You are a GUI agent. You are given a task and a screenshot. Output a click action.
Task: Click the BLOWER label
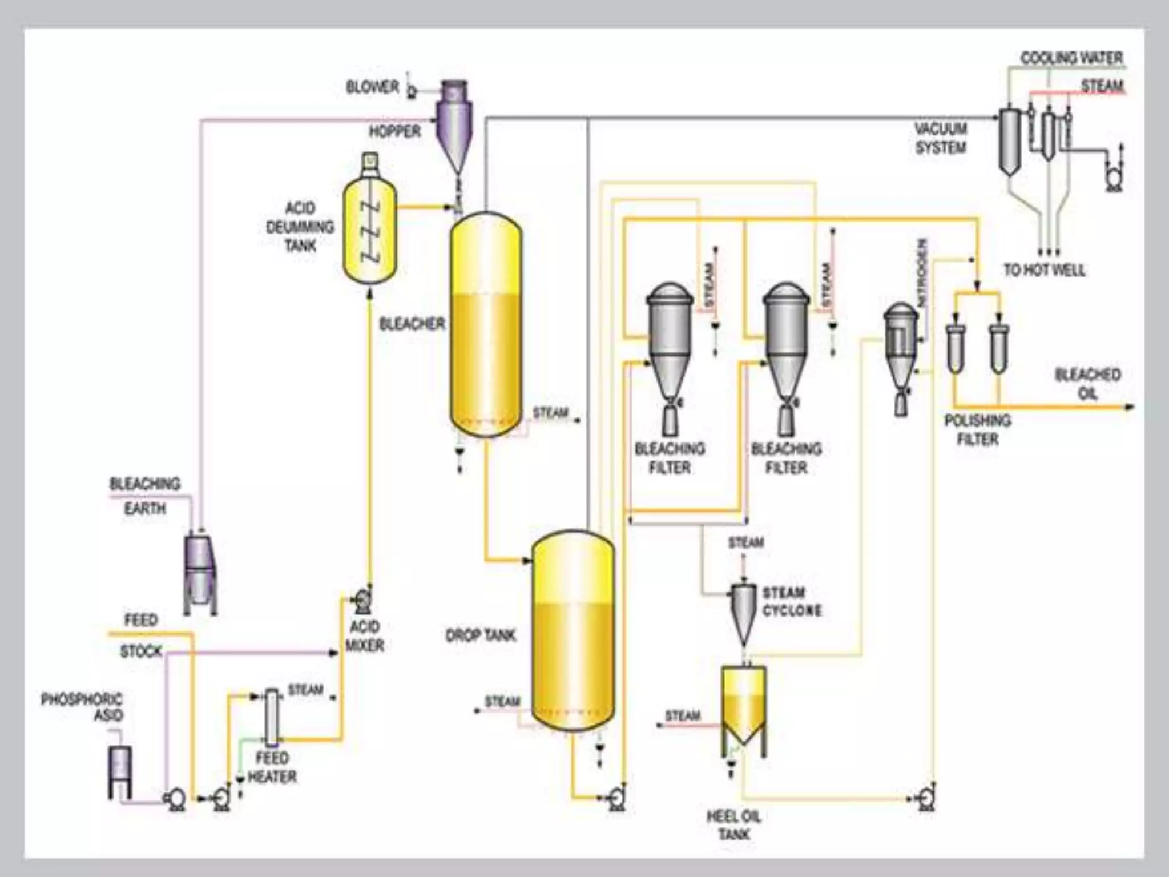coord(372,87)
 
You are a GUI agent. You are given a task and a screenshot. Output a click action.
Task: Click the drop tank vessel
coord(573,631)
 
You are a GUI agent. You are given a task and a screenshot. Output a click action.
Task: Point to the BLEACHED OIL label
coord(1087,384)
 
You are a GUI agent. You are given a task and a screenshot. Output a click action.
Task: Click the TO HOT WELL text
coord(1045,270)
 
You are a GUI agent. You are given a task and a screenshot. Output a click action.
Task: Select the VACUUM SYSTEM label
coord(941,138)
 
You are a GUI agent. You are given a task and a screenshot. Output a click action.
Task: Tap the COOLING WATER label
coord(1071,58)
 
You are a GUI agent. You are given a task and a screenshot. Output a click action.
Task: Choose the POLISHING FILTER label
coord(977,430)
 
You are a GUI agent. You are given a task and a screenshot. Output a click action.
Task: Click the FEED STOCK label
coord(141,635)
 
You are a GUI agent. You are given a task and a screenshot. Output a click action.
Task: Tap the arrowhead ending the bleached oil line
coord(1131,407)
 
